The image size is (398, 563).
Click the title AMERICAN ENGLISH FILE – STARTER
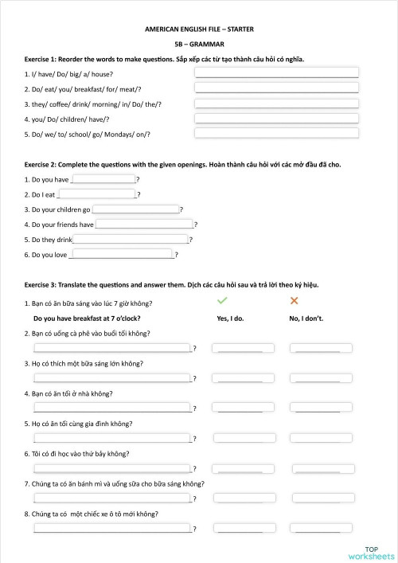(199, 29)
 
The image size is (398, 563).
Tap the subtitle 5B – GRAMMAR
(199, 44)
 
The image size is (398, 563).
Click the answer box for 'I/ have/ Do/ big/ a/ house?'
(276, 72)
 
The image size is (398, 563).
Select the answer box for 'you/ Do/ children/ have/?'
(276, 119)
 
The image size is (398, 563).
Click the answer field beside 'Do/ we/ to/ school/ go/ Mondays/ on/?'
(276, 134)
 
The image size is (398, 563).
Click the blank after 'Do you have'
(103, 179)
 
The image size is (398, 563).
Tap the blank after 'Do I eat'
(97, 194)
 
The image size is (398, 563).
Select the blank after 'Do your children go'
(136, 209)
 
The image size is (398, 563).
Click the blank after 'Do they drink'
(131, 239)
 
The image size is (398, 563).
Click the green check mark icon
(222, 300)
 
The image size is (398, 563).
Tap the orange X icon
(294, 300)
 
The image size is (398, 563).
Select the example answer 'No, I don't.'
(306, 319)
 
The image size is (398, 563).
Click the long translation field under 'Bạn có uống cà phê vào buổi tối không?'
(111, 348)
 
